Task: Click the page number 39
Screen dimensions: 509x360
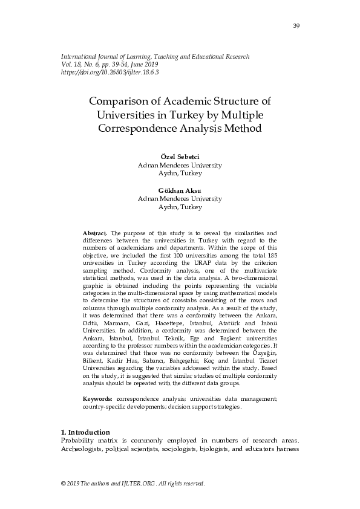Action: pyautogui.click(x=296, y=25)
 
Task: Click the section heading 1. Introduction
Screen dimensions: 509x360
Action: pyautogui.click(x=85, y=432)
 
